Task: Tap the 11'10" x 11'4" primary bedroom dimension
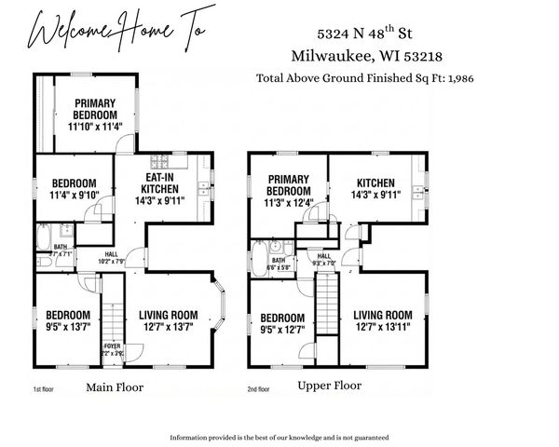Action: click(x=95, y=127)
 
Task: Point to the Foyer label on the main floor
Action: click(x=112, y=346)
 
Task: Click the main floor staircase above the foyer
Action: click(x=112, y=312)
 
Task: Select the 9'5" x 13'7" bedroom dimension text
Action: click(x=68, y=326)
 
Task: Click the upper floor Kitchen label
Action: click(x=375, y=183)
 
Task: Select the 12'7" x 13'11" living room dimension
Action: click(x=382, y=326)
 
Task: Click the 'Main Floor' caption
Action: click(x=115, y=386)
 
